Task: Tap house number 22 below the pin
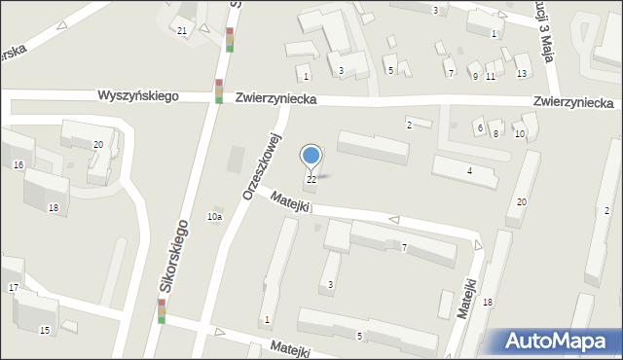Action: [311, 180]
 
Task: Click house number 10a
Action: [214, 216]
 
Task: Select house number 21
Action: [182, 31]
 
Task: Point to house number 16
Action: [18, 165]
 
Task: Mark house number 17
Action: [13, 288]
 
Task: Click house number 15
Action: [45, 331]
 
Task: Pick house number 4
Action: [469, 171]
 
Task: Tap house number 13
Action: [522, 74]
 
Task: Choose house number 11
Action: [490, 77]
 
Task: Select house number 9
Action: [475, 77]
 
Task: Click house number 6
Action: [480, 128]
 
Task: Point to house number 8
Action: [495, 134]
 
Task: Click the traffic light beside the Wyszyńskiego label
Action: [219, 90]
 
